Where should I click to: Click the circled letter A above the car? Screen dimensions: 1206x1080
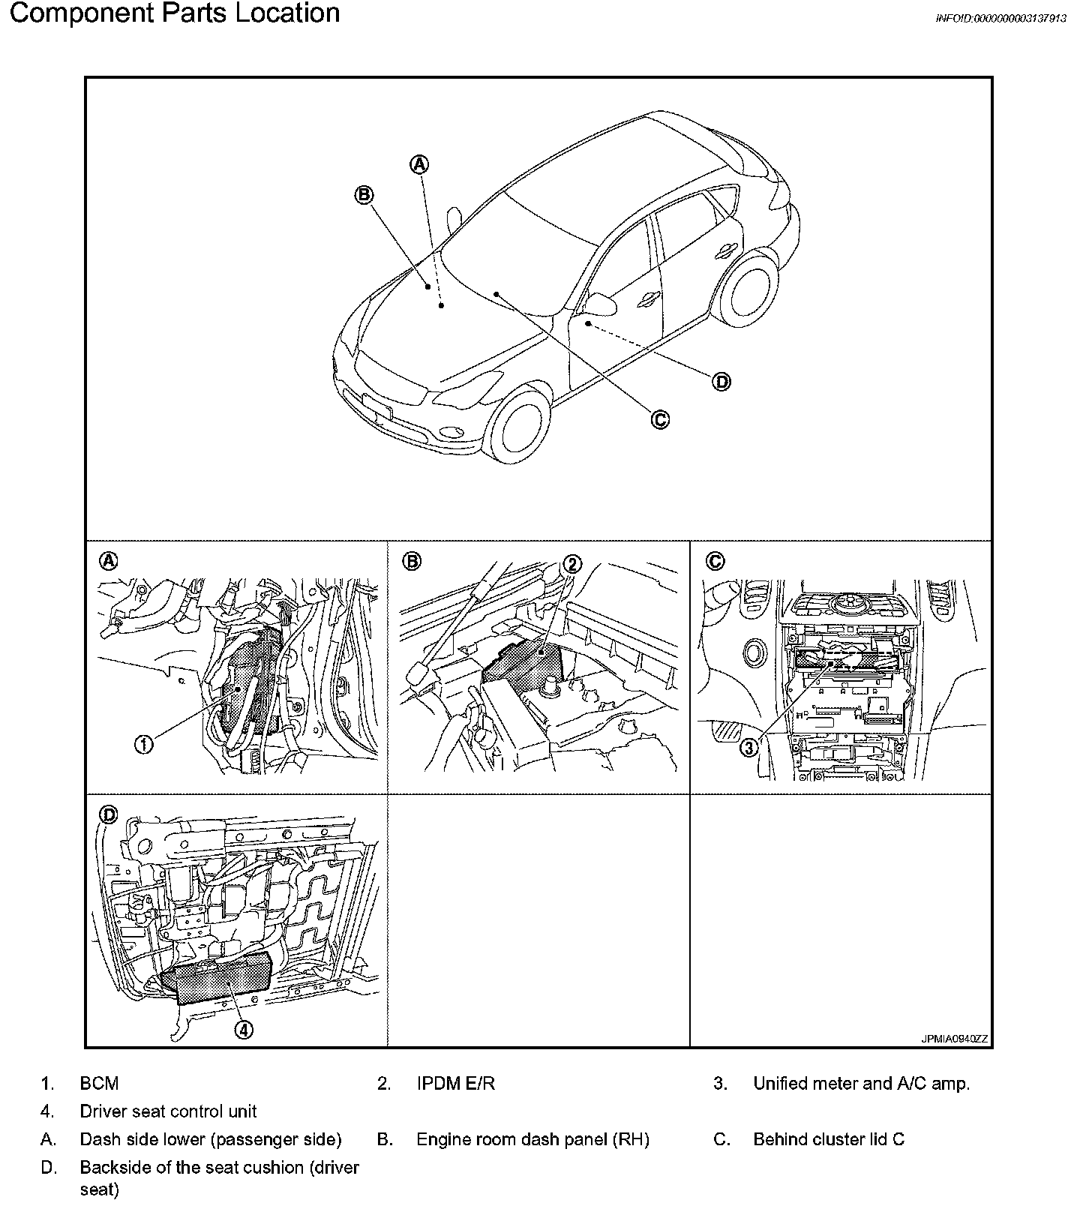click(x=420, y=163)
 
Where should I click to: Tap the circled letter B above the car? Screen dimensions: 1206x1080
click(x=364, y=195)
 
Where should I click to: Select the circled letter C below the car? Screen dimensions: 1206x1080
click(x=659, y=419)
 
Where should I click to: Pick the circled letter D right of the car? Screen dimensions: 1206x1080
click(x=721, y=382)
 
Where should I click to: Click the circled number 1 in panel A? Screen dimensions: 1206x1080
click(x=144, y=744)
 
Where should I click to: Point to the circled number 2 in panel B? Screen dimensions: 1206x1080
click(x=571, y=564)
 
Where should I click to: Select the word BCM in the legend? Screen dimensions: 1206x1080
click(x=99, y=1083)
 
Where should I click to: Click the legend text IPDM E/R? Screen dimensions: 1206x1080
click(x=455, y=1083)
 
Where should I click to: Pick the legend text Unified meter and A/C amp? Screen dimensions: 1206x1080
click(x=861, y=1083)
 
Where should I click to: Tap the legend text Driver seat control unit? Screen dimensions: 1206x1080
click(x=168, y=1111)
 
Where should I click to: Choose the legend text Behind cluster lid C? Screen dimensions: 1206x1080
click(x=828, y=1139)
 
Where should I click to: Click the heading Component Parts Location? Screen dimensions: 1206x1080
click(x=174, y=13)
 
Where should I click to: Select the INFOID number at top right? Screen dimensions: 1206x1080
click(x=1000, y=19)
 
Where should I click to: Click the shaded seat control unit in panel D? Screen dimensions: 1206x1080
click(x=217, y=978)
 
